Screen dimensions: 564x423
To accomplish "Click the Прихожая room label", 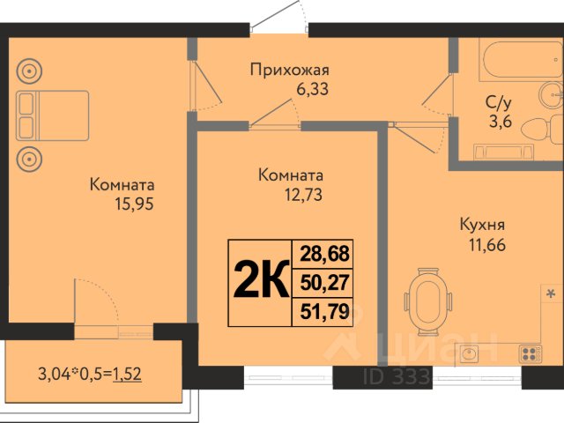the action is (290, 70).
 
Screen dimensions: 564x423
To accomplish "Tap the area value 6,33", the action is (312, 89).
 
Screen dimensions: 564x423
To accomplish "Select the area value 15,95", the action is (134, 204).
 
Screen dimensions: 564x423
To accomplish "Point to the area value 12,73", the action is (303, 195).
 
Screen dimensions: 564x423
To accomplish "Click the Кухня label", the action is (482, 225).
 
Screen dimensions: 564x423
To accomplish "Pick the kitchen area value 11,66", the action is (487, 245).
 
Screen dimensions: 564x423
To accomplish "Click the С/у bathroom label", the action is (499, 104).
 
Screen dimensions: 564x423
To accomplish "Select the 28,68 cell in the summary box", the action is (325, 254).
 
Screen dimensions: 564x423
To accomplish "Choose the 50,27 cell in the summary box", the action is (325, 283).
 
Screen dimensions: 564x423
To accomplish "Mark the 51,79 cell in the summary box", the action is (325, 311).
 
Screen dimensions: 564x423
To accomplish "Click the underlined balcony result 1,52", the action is (127, 375).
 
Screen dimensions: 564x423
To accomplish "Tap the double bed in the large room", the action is (53, 115).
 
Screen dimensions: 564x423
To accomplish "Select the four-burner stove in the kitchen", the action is (531, 353).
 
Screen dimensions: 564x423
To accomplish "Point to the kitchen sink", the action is (467, 354).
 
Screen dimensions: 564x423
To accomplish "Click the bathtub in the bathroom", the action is (521, 59).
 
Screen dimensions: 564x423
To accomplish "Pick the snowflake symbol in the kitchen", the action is (550, 293).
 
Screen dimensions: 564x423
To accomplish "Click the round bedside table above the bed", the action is (29, 71).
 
